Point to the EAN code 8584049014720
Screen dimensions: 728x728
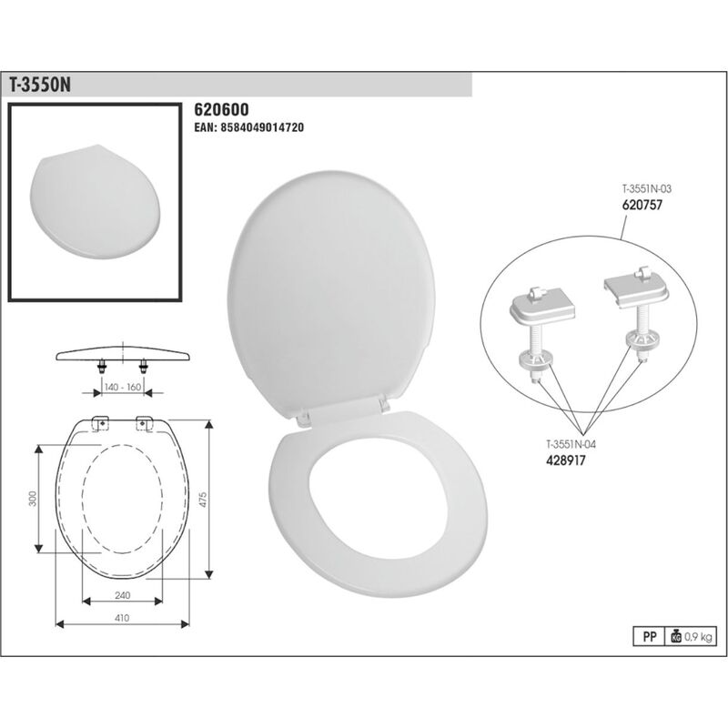(x=248, y=128)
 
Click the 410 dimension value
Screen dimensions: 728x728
(x=123, y=617)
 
